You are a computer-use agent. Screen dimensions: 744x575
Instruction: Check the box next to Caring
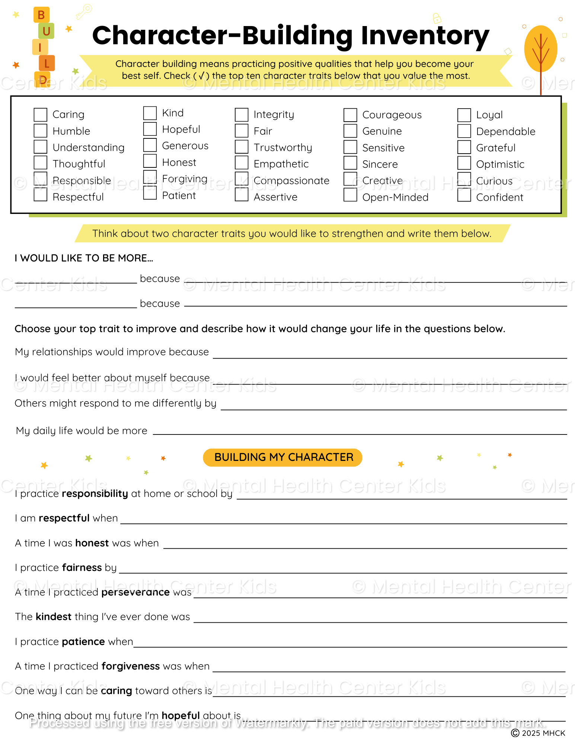coord(40,115)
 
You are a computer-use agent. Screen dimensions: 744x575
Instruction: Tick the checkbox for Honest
coord(150,161)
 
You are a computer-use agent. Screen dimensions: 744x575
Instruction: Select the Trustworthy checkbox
coord(242,147)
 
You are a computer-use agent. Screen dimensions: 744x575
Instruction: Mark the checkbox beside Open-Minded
coord(350,195)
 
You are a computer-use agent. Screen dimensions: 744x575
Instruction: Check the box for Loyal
coord(464,115)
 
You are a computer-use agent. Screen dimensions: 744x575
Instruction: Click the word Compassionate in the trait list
coord(291,181)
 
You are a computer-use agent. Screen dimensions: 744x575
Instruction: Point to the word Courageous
coord(392,115)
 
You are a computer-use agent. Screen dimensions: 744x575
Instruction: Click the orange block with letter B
coord(41,15)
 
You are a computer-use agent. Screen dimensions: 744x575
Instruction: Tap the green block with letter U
coord(47,31)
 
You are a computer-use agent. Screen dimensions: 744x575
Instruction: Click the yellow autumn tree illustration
coord(540,48)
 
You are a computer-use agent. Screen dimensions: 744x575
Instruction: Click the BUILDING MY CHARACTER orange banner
coord(282,457)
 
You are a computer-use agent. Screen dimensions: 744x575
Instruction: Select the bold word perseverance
coord(135,592)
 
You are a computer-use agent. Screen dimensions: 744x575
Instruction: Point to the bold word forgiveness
coord(131,666)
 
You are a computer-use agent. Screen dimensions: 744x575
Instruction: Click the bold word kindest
coord(54,617)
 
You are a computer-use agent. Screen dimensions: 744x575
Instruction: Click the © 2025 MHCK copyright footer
coord(538,733)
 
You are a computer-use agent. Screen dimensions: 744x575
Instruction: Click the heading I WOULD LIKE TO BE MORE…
coord(84,258)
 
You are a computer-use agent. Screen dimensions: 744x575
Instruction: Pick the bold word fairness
coord(82,568)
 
